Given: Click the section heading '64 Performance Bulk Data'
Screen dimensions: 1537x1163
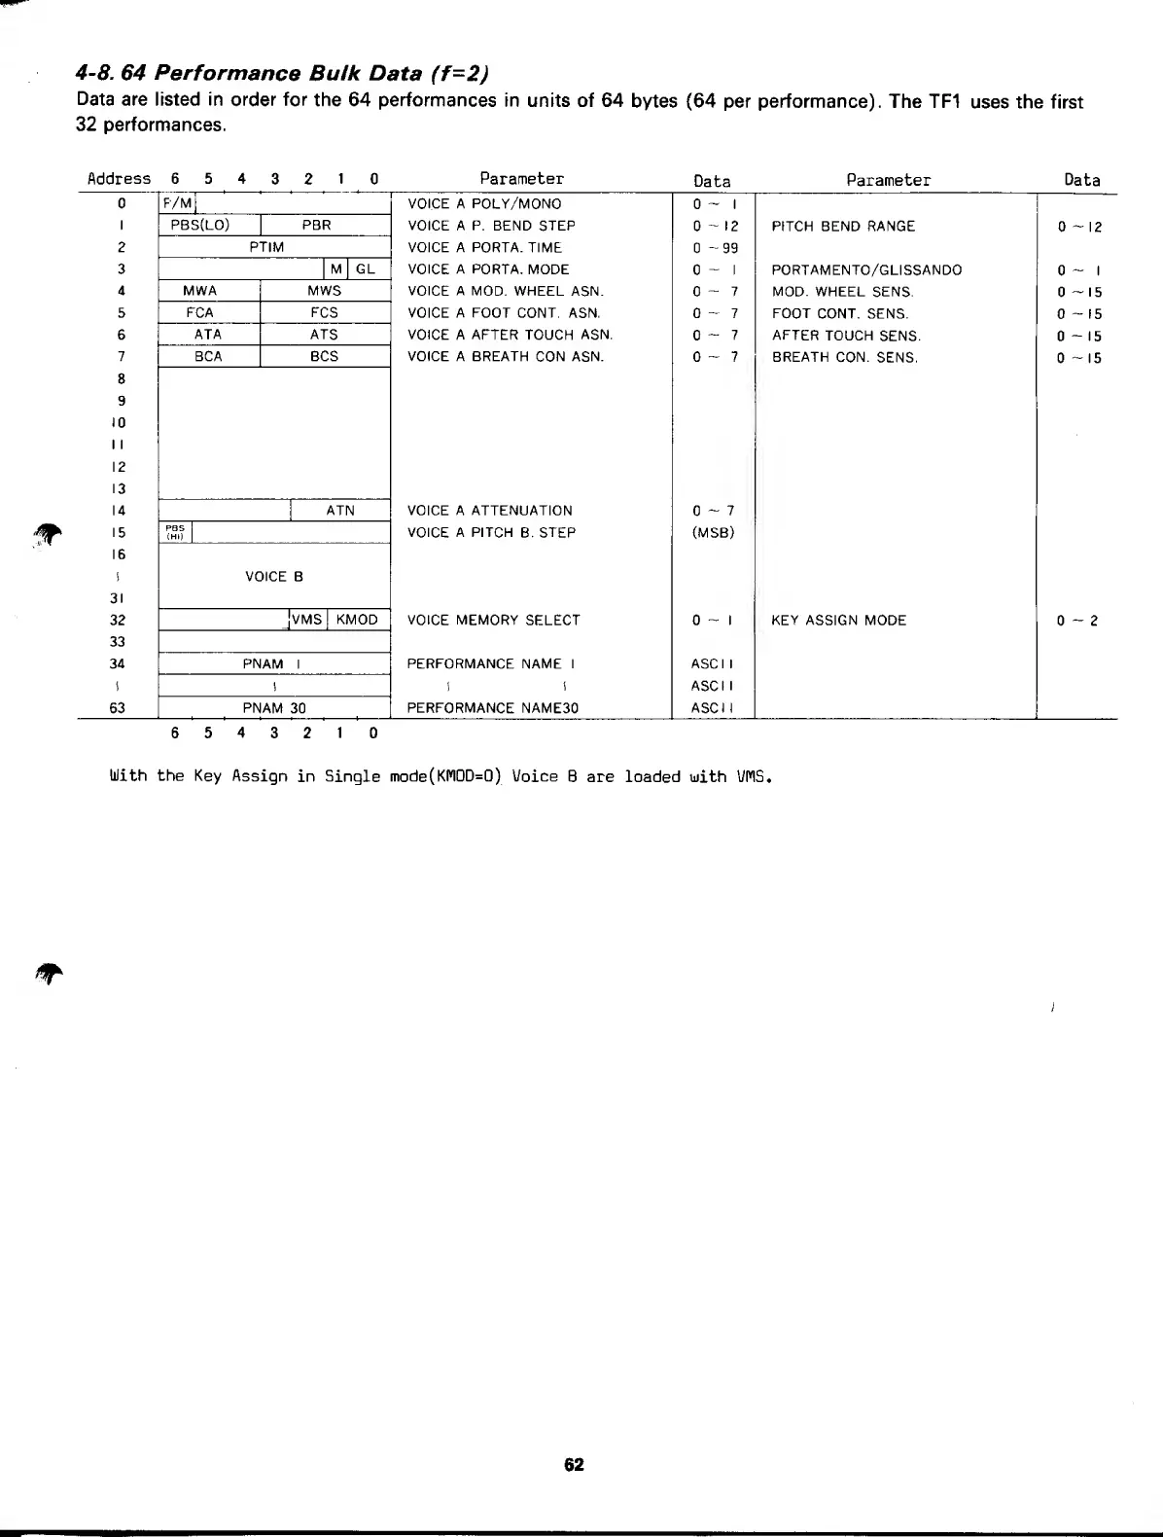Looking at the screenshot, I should [282, 74].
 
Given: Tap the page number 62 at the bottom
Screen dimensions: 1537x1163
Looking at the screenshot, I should [574, 1465].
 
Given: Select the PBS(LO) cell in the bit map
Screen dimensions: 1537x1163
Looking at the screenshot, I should [200, 226].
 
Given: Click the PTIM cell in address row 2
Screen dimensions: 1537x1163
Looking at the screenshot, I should [266, 247].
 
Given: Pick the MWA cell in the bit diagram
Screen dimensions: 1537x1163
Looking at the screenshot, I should [200, 291].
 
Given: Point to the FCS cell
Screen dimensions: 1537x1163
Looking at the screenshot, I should [324, 313].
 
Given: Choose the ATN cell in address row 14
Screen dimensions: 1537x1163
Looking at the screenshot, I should [340, 511].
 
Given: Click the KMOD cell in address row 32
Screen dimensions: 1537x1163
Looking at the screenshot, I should [357, 620].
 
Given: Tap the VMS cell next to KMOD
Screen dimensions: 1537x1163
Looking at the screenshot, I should [307, 620].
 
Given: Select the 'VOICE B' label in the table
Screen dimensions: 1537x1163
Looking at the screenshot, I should [274, 577].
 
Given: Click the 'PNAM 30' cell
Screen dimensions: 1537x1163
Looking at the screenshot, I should [274, 708].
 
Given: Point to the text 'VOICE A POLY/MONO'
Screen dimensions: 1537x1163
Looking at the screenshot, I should [484, 204].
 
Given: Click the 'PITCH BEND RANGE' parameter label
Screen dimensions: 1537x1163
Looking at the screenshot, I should [843, 227].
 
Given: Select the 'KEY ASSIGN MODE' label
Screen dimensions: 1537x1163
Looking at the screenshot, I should [838, 621].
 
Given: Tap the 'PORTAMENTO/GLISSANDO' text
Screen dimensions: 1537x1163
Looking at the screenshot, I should [866, 270].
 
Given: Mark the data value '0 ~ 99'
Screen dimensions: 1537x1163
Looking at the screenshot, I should [716, 248].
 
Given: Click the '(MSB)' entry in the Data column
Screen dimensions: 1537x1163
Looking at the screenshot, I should [713, 533].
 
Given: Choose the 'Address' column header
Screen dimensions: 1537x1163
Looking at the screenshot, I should [119, 179].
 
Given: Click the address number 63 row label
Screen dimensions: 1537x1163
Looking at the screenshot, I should [118, 708].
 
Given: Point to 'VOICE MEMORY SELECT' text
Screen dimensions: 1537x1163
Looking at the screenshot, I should [493, 621].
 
